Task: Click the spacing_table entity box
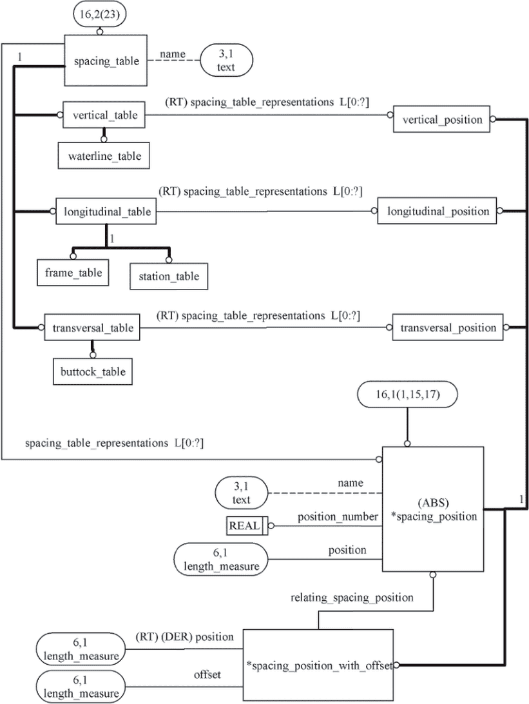click(106, 60)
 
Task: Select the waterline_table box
click(104, 156)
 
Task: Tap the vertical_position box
click(441, 119)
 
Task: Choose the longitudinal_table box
click(106, 211)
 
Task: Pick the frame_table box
click(73, 273)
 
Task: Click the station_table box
click(169, 276)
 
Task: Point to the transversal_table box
click(92, 328)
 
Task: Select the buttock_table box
click(93, 371)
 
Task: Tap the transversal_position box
click(448, 328)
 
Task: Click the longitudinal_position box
click(437, 211)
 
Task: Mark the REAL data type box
click(247, 526)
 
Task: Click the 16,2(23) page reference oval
click(99, 14)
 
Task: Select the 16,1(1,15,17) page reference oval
click(407, 394)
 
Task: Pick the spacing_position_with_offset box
click(318, 665)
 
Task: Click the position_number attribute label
click(338, 517)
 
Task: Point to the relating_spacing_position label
click(352, 598)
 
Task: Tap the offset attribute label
click(207, 674)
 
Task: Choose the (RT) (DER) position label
click(184, 637)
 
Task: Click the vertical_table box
click(104, 115)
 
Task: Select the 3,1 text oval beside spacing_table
click(226, 60)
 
